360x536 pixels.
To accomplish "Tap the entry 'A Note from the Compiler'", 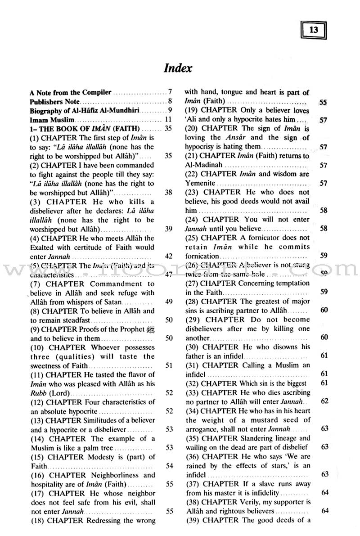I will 71,92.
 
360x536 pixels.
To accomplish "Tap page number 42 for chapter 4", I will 169,256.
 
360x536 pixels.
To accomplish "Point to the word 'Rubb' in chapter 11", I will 38,392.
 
